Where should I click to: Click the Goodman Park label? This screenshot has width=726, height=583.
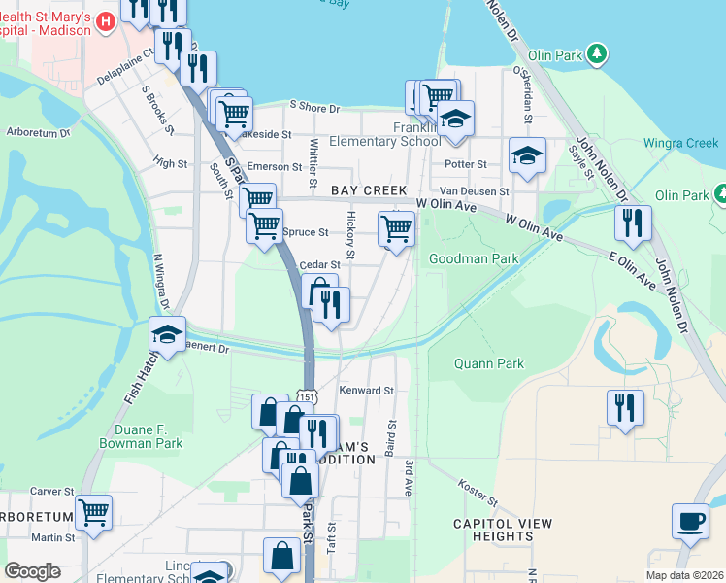pyautogui.click(x=474, y=258)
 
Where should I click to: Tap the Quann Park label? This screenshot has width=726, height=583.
pyautogui.click(x=488, y=364)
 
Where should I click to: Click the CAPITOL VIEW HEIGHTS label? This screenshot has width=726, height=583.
pyautogui.click(x=503, y=530)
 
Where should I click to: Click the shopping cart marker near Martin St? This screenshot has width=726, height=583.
pyautogui.click(x=93, y=511)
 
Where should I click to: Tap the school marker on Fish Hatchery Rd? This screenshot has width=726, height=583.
pyautogui.click(x=167, y=334)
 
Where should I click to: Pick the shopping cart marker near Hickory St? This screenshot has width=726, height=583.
pyautogui.click(x=396, y=228)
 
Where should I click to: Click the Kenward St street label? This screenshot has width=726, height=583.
pyautogui.click(x=366, y=390)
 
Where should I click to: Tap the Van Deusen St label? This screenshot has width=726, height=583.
pyautogui.click(x=474, y=192)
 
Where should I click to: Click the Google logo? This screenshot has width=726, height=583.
pyautogui.click(x=32, y=571)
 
